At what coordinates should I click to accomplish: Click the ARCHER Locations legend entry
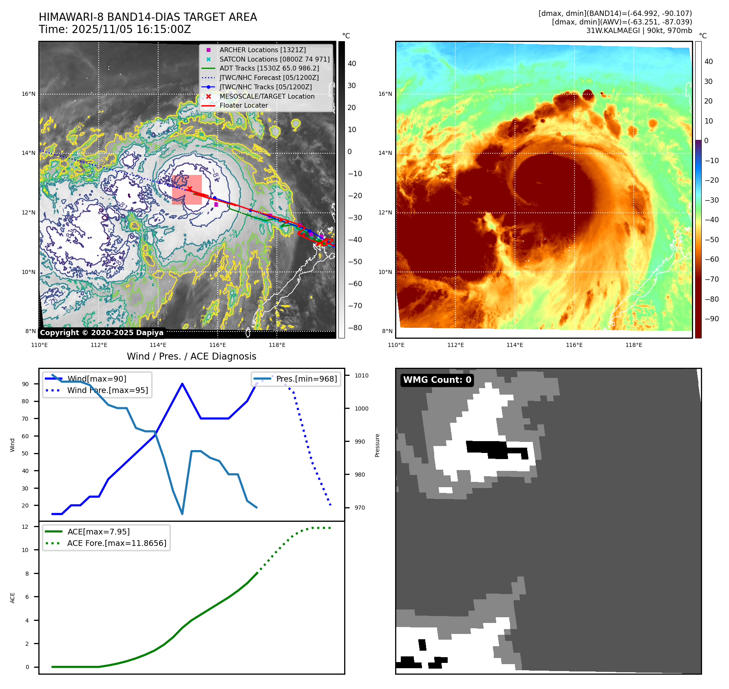coord(262,50)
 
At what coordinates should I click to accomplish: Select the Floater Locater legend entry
coord(243,106)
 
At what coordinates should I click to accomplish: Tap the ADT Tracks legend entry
coord(269,68)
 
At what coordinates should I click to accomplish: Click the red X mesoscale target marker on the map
coord(190,189)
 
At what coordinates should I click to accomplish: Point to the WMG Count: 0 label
coord(437,380)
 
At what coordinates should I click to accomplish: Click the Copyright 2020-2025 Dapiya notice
coord(102,333)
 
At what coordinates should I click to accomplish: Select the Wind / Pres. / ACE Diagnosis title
coord(192,356)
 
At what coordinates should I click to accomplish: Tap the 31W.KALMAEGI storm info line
coord(639,31)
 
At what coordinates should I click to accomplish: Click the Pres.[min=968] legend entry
coord(306,379)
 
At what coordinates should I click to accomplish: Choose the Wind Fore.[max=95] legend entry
coord(107,391)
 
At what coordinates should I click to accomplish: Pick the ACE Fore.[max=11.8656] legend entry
coord(117,543)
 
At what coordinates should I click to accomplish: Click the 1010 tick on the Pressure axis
coord(361,376)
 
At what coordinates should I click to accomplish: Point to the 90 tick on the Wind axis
coord(26,384)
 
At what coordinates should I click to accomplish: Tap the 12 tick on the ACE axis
coord(25,527)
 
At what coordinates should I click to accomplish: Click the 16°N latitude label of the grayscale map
coord(29,94)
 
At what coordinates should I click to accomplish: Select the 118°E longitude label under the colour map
coord(634,345)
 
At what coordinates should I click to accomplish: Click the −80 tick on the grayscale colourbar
coord(355,328)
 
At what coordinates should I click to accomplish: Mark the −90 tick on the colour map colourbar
coord(711,319)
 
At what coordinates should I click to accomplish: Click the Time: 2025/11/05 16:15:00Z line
coord(115,30)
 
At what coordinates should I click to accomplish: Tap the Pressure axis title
coord(377,445)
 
